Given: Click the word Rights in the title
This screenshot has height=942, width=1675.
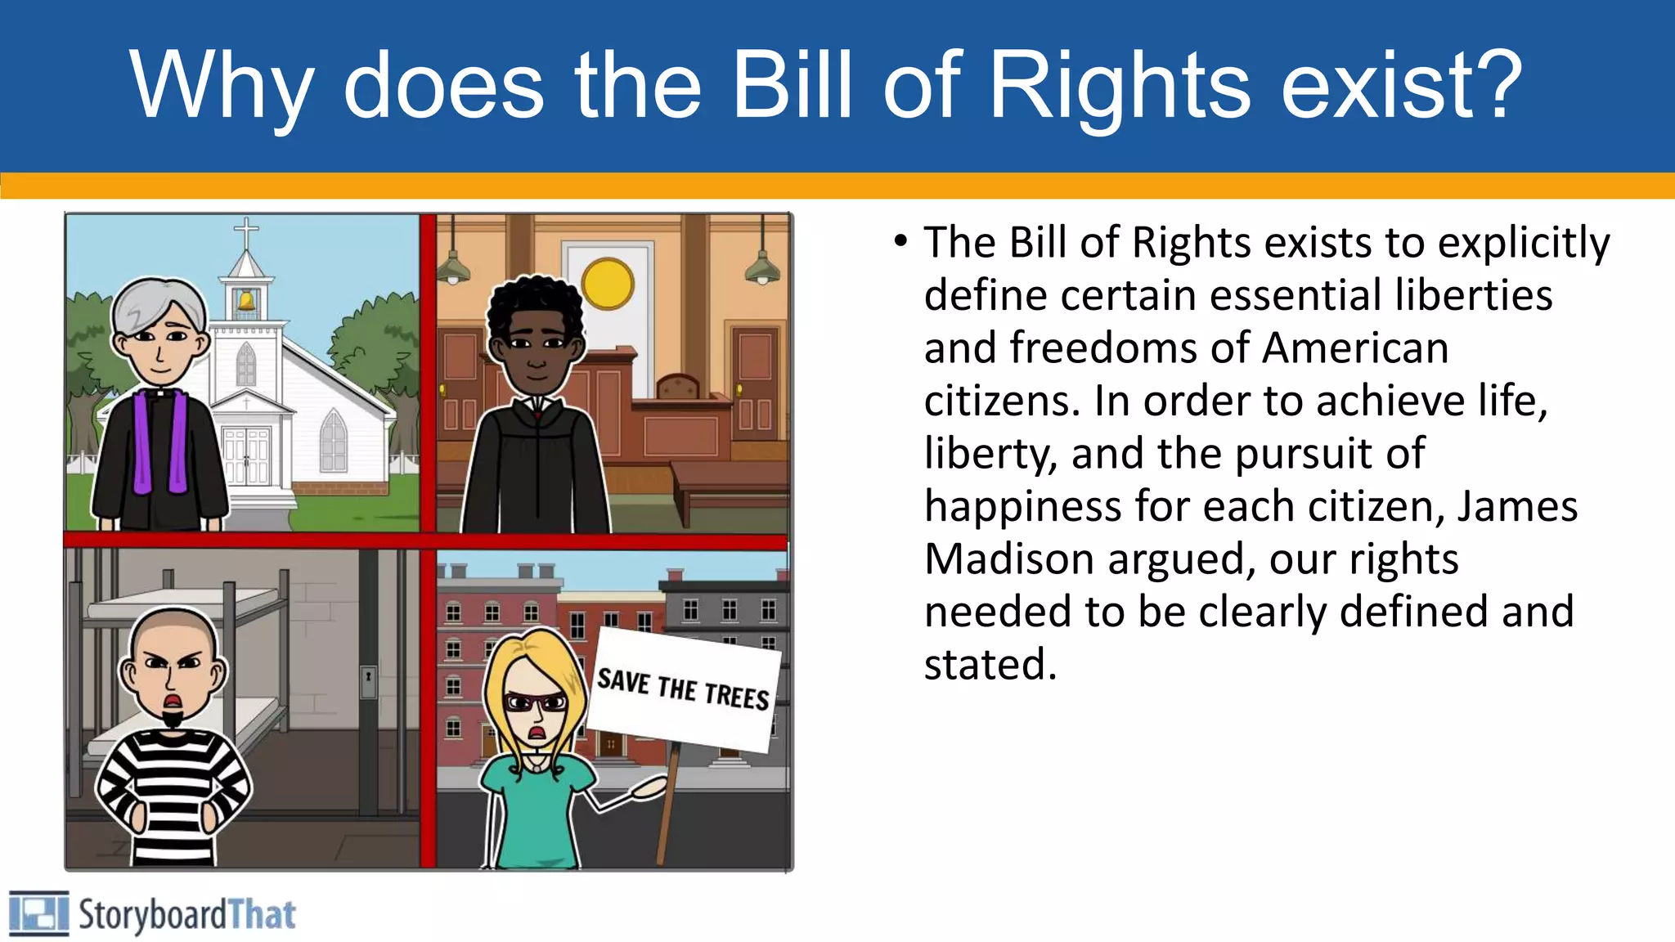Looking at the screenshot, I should coord(1120,86).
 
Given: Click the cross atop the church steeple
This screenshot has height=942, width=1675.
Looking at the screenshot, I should coord(246,232).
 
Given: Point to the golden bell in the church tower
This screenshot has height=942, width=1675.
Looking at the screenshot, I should coord(245,301).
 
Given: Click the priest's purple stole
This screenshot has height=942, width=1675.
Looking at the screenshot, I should coord(144,442).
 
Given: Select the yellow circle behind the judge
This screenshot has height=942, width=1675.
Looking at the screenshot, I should coord(608,284).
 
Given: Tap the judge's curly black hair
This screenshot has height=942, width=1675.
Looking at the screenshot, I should coord(535,303).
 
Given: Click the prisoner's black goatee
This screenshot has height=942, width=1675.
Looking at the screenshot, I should coord(173,719).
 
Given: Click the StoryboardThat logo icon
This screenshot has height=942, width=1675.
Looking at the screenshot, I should coord(38,913).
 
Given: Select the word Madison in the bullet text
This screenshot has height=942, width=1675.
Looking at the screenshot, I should coord(1009,560).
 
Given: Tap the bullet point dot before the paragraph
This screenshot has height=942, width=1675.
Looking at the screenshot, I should coord(900,241).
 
